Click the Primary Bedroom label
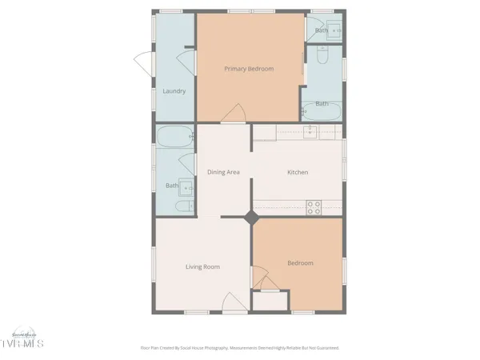click(249, 69)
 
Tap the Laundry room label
click(174, 91)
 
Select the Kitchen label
click(298, 172)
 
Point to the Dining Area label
click(224, 172)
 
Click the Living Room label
click(202, 266)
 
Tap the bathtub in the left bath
click(175, 137)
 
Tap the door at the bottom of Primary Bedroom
click(235, 115)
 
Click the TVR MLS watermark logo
click(24, 340)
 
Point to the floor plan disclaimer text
click(240, 348)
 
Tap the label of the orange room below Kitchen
click(300, 262)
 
